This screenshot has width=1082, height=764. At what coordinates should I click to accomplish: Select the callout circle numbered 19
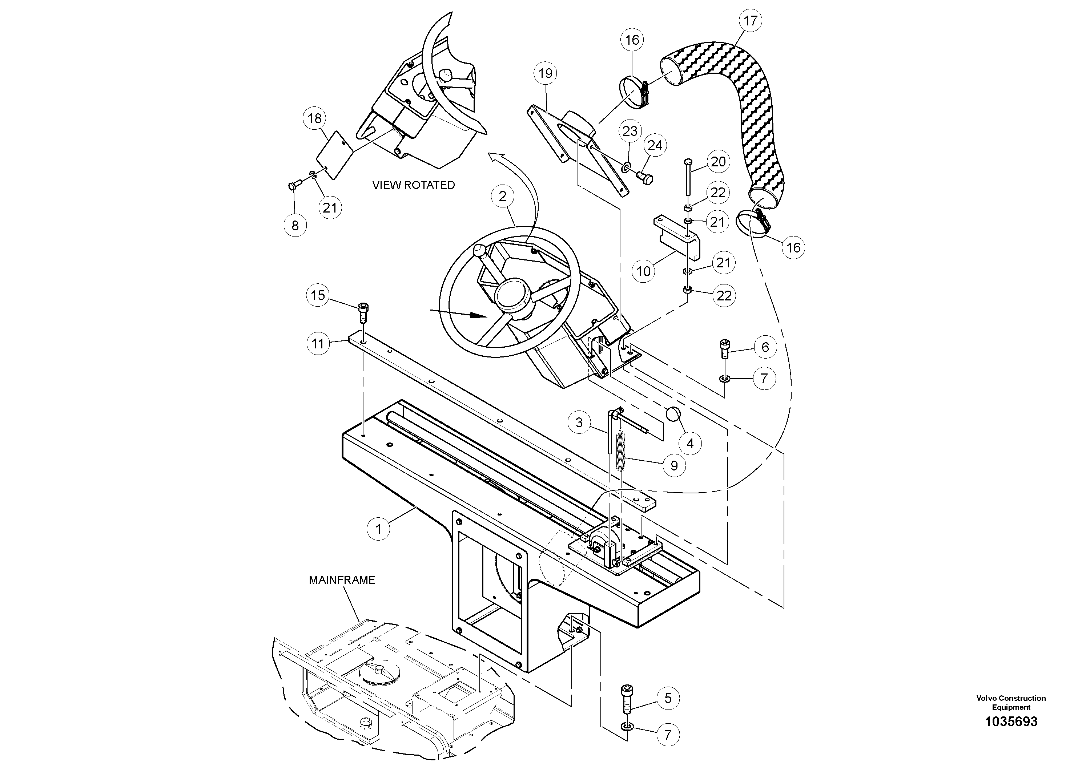(545, 73)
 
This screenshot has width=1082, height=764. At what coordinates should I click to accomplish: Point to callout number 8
(295, 225)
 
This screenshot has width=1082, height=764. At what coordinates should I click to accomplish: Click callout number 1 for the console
(378, 529)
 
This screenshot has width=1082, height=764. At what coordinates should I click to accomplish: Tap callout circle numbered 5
(668, 698)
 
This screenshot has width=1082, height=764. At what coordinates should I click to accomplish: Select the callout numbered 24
(655, 146)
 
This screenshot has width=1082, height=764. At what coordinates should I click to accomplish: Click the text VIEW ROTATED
(413, 185)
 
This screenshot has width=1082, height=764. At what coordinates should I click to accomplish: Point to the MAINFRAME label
(342, 580)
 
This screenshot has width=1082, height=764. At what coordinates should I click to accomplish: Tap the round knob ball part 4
(674, 415)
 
